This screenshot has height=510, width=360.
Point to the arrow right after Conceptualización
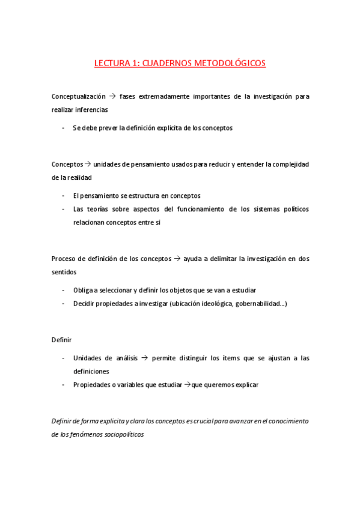(x=112, y=96)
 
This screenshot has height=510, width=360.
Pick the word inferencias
(x=92, y=109)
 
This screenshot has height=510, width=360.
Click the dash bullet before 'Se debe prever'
(x=64, y=127)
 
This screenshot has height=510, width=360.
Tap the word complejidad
(x=287, y=164)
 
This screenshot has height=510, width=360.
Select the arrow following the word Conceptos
(x=88, y=164)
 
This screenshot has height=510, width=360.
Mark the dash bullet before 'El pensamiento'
(x=64, y=195)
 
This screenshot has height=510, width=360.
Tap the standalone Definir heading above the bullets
(x=61, y=340)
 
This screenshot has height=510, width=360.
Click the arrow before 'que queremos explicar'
(x=187, y=385)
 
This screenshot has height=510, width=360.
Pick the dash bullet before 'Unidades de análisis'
(x=64, y=358)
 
